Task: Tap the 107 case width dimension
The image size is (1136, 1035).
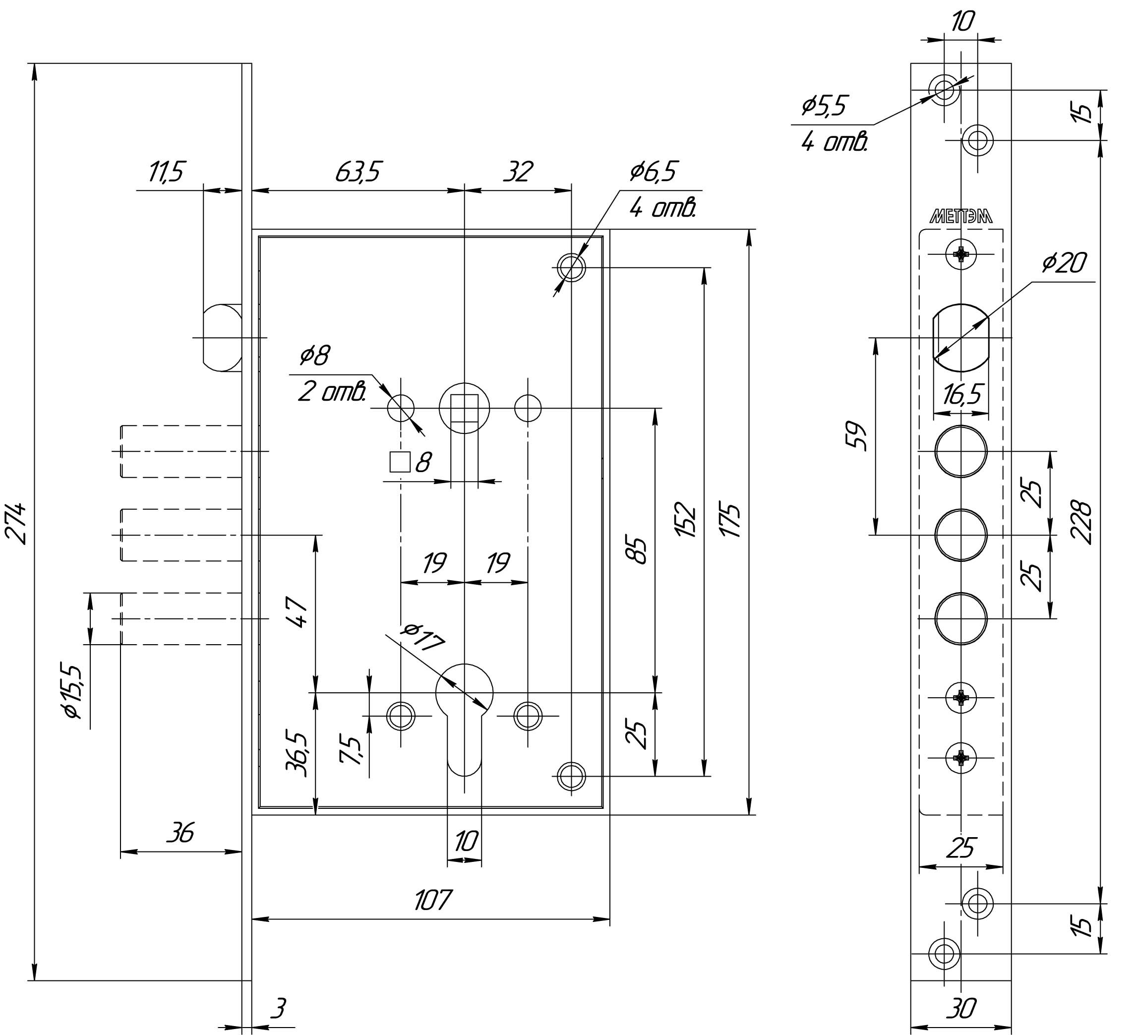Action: [433, 900]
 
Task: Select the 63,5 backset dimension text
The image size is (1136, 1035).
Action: [359, 173]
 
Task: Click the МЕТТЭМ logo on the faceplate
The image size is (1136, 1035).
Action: [961, 218]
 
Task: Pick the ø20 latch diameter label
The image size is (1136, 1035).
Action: [1064, 263]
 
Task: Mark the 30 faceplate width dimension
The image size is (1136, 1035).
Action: [961, 1007]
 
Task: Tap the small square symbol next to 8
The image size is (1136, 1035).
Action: [400, 462]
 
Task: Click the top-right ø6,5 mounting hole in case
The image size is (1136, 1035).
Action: [571, 267]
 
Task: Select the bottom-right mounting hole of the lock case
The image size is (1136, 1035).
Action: [571, 776]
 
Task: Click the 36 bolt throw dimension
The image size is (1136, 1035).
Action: [180, 832]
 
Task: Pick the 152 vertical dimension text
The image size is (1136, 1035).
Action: [687, 519]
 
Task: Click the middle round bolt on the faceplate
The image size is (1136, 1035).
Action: [961, 535]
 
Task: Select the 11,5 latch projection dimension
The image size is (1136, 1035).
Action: [166, 173]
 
